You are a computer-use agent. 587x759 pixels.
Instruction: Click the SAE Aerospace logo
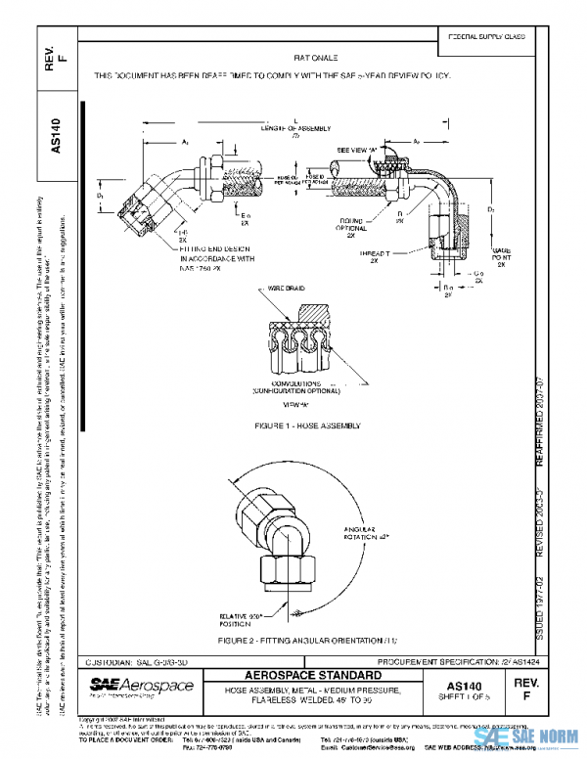point(142,688)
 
